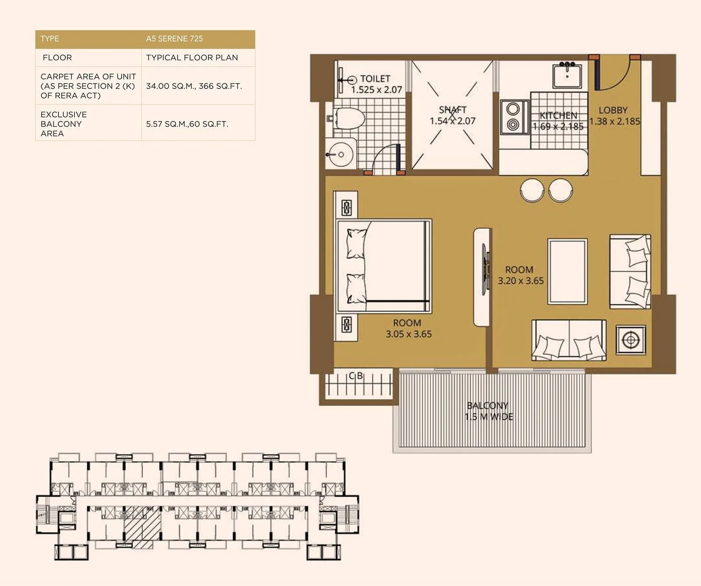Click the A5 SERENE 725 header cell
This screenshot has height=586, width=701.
tap(174, 39)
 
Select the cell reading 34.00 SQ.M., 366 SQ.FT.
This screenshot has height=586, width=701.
tap(194, 86)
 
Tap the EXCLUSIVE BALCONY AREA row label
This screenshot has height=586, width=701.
tap(64, 124)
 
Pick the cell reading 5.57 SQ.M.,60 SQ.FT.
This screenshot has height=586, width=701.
tap(187, 124)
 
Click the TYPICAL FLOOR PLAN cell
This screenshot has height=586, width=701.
tap(192, 57)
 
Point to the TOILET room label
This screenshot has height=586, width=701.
tap(375, 79)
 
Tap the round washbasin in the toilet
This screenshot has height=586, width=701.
tap(340, 154)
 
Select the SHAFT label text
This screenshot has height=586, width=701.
tap(453, 110)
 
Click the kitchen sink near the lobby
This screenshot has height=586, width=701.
tap(567, 75)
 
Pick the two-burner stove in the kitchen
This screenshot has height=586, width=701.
tap(513, 116)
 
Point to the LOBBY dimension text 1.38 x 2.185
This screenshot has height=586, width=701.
tap(615, 121)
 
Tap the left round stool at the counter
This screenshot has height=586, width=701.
tap(532, 190)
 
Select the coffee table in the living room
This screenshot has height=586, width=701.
tap(567, 271)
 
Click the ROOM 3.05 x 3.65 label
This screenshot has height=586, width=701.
tap(408, 328)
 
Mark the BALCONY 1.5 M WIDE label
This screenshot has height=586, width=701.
tap(488, 411)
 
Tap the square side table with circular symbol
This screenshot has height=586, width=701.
tap(630, 339)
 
